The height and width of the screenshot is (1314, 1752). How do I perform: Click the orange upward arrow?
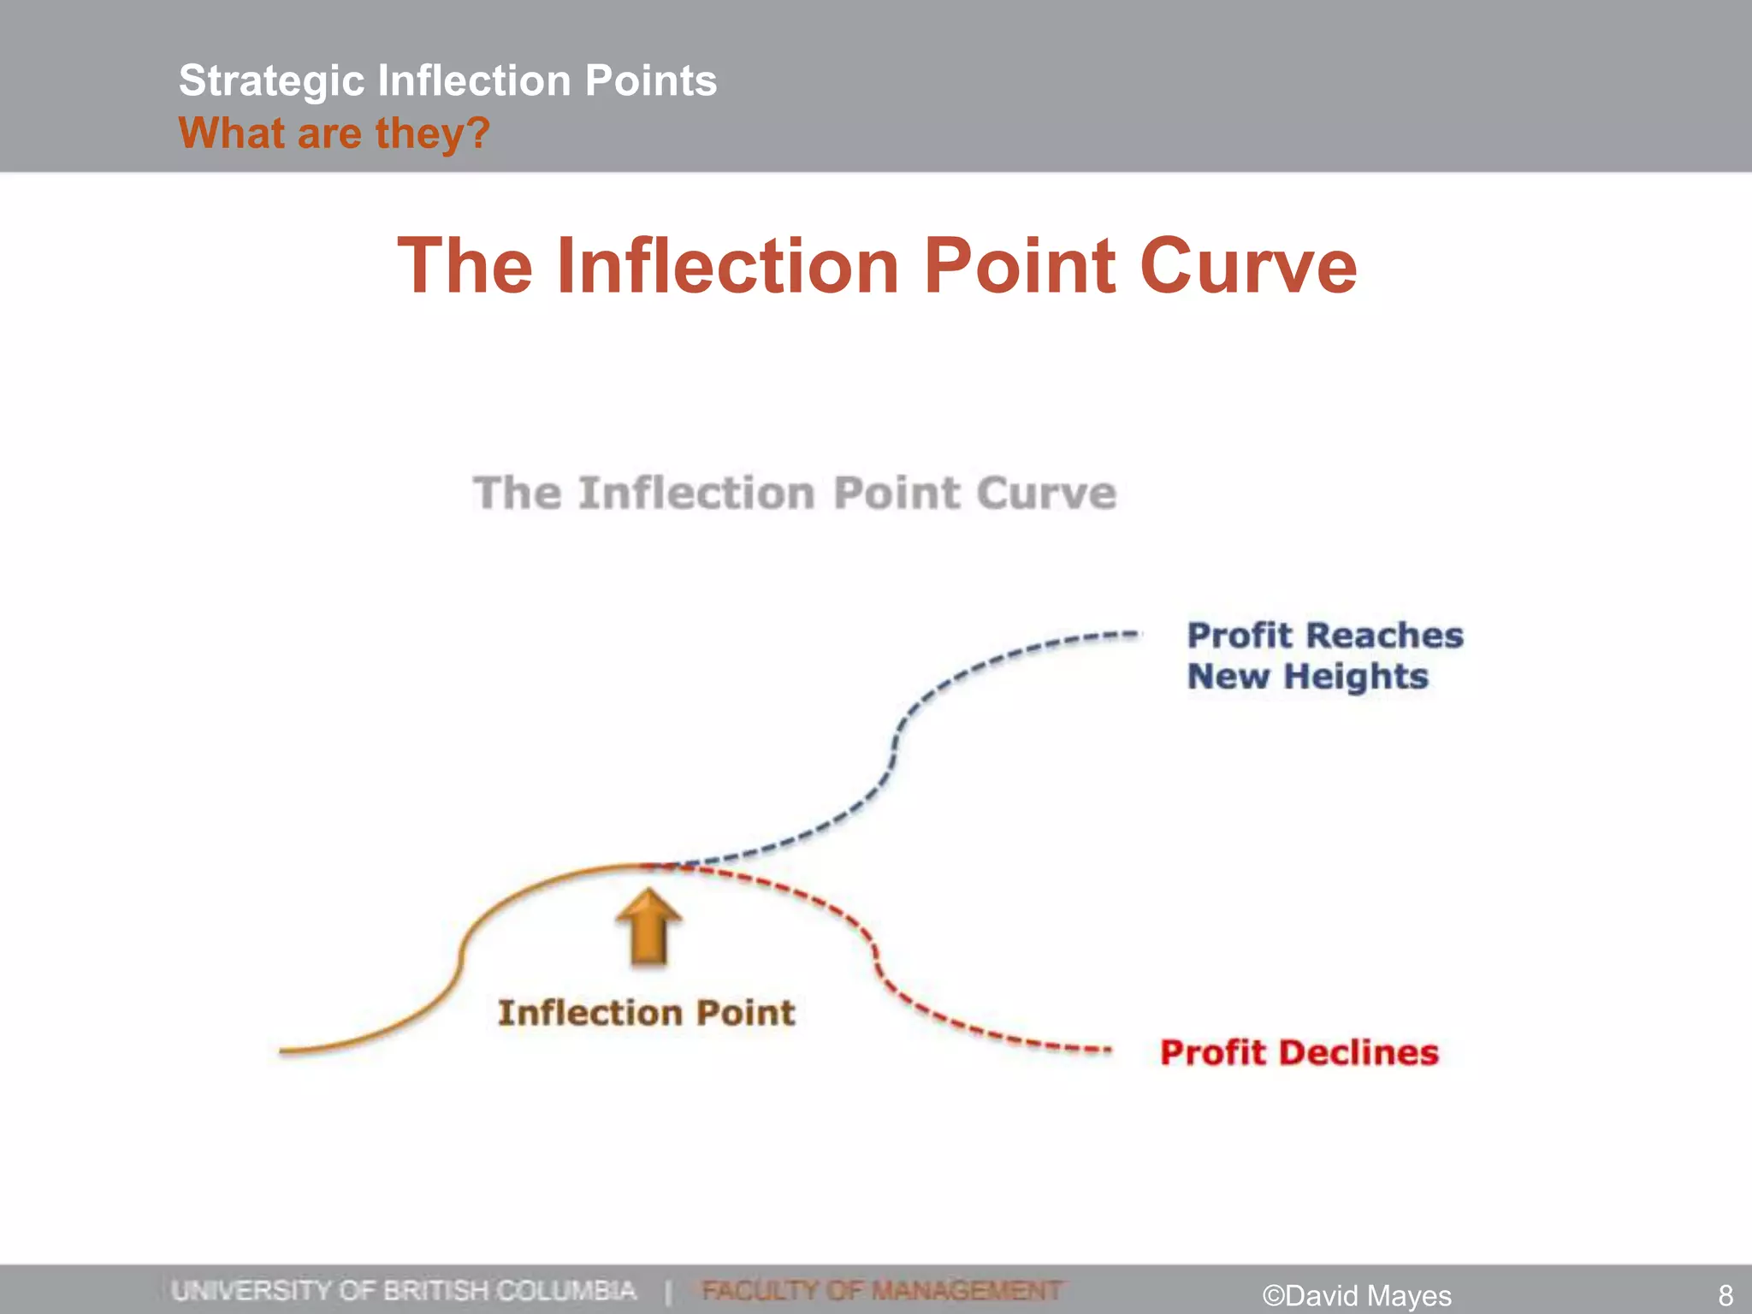coord(648,927)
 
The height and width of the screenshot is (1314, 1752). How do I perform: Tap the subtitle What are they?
coord(334,133)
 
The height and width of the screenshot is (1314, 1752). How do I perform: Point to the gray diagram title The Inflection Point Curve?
coord(794,494)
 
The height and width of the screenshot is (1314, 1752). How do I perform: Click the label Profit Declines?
coord(1299,1053)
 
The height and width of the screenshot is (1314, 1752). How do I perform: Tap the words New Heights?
coord(1307,677)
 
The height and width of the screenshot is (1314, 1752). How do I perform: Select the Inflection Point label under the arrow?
coord(646,1013)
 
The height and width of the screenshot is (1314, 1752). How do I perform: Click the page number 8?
coord(1725,1295)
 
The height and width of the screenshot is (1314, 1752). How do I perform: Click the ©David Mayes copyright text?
coord(1357,1295)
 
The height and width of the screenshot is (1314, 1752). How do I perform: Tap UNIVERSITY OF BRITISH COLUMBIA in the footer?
coord(404,1290)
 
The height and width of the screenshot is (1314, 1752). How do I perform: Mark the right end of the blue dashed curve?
coord(1138,635)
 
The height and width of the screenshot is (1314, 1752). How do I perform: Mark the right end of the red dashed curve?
coord(1109,1050)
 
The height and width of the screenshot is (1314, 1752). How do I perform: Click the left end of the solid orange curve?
coord(282,1050)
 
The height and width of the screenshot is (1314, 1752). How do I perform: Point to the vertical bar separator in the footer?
coord(668,1290)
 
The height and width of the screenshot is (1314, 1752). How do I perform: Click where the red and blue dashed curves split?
coord(659,867)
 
